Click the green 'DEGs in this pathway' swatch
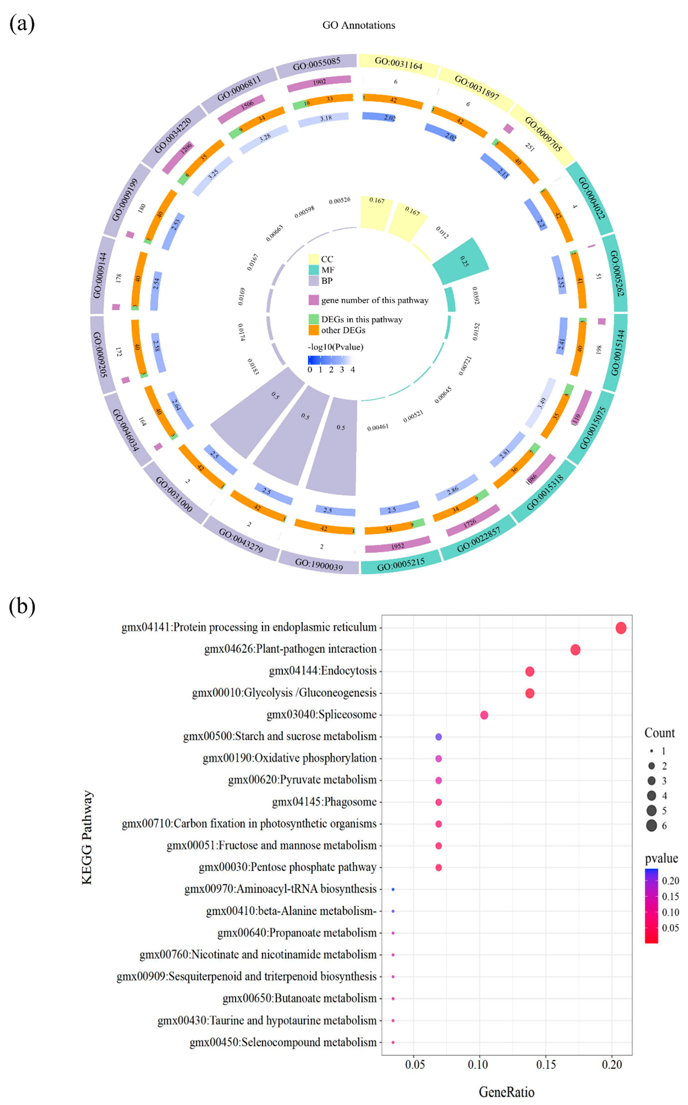tap(314, 319)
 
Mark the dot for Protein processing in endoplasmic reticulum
tap(621, 628)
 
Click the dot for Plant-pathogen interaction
tap(575, 650)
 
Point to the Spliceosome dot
tap(484, 715)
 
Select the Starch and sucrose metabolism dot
tap(439, 736)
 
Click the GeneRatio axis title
tap(506, 1092)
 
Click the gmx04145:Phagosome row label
tap(324, 802)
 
